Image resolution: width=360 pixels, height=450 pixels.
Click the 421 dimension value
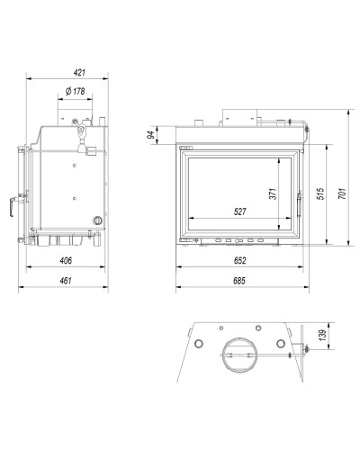[79, 73]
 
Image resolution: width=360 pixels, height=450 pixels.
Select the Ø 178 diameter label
[76, 91]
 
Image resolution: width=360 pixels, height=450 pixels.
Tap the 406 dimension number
[66, 260]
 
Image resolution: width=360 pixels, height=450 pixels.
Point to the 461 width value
[66, 281]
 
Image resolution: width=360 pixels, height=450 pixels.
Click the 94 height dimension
[152, 135]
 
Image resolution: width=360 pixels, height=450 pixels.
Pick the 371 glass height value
[273, 194]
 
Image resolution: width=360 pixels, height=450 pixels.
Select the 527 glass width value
[239, 211]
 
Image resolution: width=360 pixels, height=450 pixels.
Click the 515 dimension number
[320, 194]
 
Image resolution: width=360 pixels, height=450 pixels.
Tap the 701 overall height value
[342, 194]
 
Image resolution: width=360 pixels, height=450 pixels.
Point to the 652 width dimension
[239, 260]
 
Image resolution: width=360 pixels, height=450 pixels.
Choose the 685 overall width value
[239, 281]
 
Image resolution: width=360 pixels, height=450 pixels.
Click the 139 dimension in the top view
[322, 336]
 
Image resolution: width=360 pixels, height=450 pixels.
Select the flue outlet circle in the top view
[239, 355]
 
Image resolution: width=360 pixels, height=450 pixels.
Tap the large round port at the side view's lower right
[97, 220]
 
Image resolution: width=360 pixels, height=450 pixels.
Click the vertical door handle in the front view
[299, 204]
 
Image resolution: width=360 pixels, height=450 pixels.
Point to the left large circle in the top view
[199, 343]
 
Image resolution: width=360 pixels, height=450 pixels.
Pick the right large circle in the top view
[281, 343]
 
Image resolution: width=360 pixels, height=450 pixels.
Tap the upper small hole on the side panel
[75, 165]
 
